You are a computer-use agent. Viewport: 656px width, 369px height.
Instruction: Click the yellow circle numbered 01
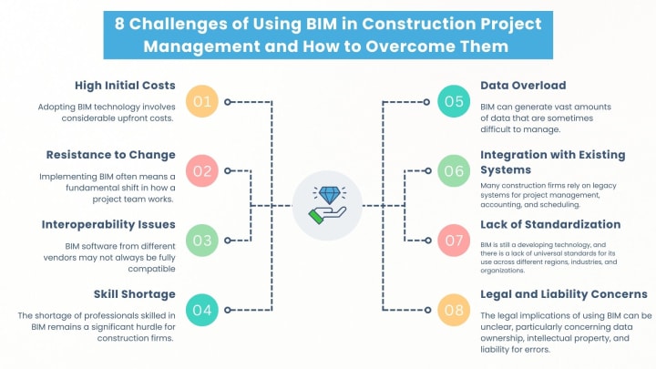(x=202, y=101)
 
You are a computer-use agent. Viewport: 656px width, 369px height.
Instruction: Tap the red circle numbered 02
(x=202, y=169)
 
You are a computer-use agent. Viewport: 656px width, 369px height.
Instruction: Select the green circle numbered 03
(x=202, y=241)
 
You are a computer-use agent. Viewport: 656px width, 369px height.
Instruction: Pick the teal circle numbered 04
(x=202, y=310)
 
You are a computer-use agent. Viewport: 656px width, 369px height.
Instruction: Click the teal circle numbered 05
(x=453, y=101)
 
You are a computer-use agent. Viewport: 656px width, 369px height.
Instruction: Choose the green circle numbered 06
(x=453, y=169)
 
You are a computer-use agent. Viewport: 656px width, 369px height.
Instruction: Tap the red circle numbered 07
(x=453, y=241)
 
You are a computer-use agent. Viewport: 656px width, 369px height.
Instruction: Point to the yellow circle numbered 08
(x=453, y=310)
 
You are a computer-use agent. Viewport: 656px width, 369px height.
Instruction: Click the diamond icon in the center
(x=328, y=195)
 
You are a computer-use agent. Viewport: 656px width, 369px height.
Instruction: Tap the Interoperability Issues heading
(x=108, y=223)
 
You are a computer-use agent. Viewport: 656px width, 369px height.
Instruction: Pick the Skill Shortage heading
(x=135, y=293)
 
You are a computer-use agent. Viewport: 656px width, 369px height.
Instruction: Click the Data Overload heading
(x=523, y=86)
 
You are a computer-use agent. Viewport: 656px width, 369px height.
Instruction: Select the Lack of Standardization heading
(x=550, y=223)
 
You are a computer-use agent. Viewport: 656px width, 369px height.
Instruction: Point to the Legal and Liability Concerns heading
(x=563, y=293)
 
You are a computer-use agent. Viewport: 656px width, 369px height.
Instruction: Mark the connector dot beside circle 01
(x=229, y=102)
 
